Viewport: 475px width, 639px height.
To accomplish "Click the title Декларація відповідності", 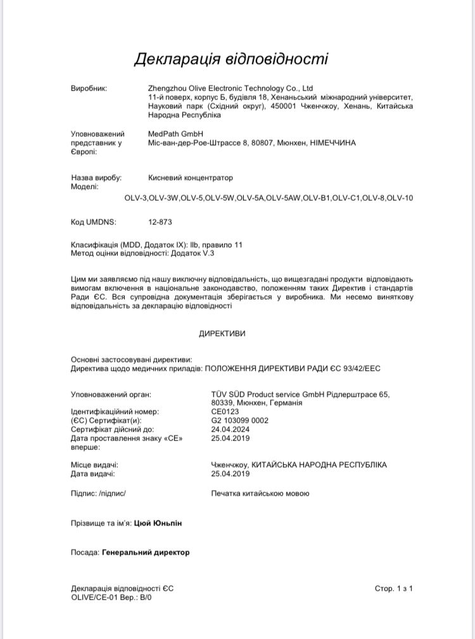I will point(231,59).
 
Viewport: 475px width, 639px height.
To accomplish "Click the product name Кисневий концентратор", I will point(190,178).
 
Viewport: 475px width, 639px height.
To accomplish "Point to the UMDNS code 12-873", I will point(160,223).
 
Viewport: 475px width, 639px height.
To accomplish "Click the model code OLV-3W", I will point(164,198).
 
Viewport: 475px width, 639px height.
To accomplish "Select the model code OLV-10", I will point(400,198).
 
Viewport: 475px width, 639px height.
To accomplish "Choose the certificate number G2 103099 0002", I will point(239,420).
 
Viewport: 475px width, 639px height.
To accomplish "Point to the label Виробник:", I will point(89,88).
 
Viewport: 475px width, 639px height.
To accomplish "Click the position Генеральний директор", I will point(145,552).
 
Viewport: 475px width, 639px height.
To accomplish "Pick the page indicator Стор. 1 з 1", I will point(393,588).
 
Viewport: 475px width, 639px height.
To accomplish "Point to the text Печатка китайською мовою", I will point(260,493).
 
